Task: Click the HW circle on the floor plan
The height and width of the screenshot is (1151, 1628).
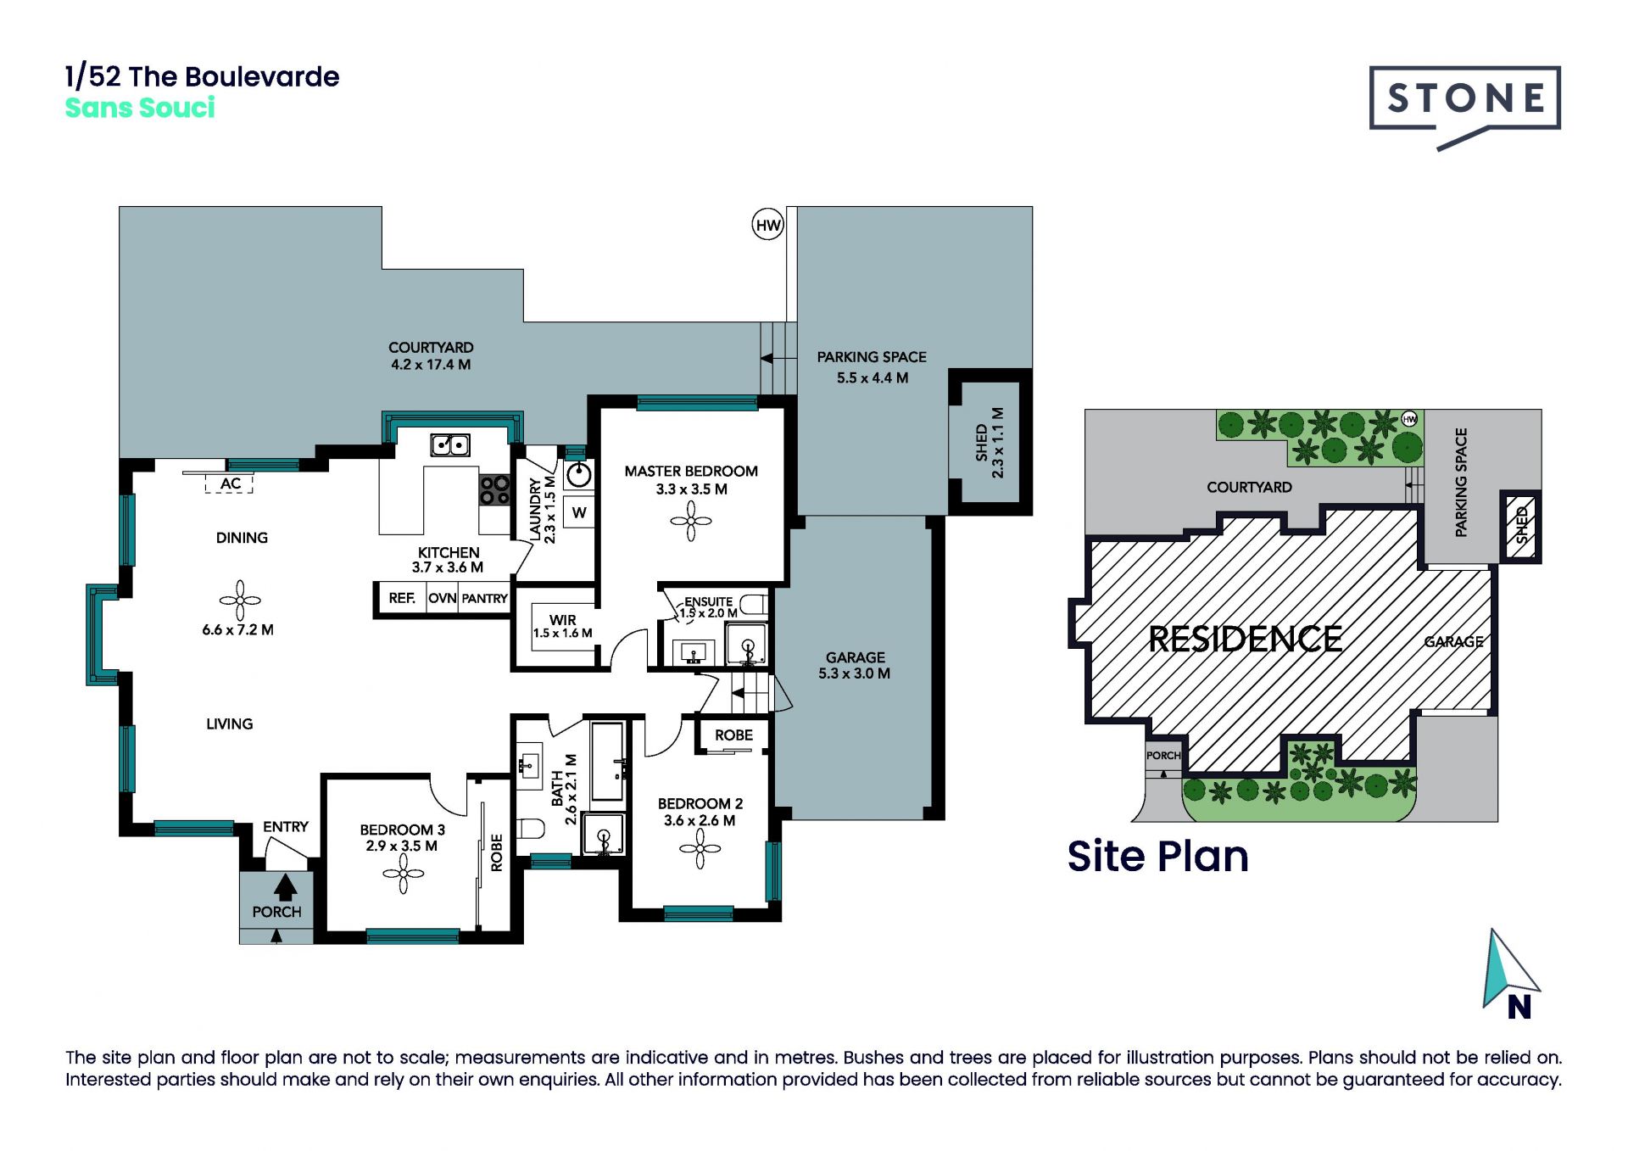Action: tap(767, 225)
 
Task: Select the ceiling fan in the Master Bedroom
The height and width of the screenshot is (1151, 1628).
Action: tap(691, 521)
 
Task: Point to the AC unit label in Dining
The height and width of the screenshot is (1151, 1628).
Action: tap(230, 483)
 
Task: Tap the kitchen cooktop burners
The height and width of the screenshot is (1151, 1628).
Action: tap(495, 489)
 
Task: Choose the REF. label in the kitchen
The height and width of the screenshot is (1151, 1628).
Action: tap(402, 598)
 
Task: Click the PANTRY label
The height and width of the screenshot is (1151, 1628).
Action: tap(484, 598)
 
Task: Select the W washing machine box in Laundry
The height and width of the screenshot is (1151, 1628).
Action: tap(579, 512)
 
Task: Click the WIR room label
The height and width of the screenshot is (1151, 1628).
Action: tap(562, 620)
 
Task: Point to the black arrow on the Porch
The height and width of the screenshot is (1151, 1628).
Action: tap(285, 887)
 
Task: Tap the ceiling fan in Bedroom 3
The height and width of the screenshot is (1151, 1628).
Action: tap(403, 874)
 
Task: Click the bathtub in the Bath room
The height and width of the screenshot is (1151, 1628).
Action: tap(607, 761)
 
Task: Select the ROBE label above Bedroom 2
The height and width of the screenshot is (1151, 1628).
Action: tap(733, 735)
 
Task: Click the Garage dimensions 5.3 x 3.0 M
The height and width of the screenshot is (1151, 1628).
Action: tap(854, 673)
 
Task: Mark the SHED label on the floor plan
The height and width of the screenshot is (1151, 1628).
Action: tap(982, 442)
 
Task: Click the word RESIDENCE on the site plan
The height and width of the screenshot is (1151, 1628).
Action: tap(1245, 639)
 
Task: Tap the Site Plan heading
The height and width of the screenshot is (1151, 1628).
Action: tap(1157, 856)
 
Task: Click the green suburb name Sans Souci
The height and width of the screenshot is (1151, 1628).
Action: tap(140, 108)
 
